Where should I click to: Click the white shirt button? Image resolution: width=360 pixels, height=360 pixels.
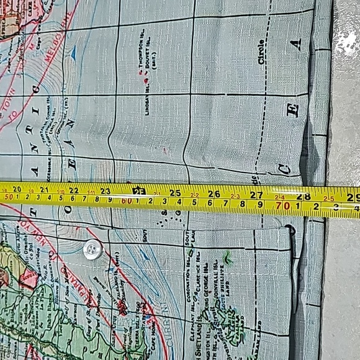pos(92,250)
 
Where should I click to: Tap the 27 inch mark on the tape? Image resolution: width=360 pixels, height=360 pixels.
pos(256,194)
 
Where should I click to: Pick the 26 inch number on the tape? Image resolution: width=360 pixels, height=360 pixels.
pos(215,194)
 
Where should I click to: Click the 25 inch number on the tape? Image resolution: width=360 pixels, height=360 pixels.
pos(176,192)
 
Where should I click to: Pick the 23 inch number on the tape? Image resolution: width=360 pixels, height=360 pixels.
pos(106,191)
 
